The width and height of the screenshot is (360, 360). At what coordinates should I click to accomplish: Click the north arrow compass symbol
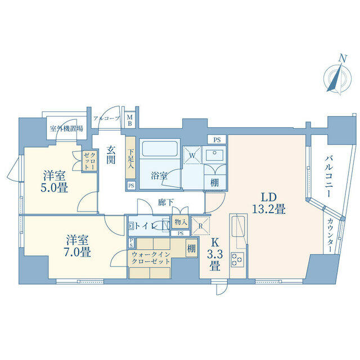point(337,78)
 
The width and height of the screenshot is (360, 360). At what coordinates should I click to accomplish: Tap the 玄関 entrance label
point(111,155)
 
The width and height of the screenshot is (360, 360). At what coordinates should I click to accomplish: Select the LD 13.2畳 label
point(269,203)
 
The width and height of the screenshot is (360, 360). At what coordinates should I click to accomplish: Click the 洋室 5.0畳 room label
point(55,182)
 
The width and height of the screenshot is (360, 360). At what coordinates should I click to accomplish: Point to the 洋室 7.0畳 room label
point(77,246)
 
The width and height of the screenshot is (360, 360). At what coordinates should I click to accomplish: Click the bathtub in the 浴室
point(160,148)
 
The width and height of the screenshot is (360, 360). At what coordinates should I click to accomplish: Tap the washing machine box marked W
point(192,155)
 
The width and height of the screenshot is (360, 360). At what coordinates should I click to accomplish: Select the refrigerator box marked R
point(200,226)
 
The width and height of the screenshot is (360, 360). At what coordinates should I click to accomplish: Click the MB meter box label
point(130,120)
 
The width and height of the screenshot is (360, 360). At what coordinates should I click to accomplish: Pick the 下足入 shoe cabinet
point(130,159)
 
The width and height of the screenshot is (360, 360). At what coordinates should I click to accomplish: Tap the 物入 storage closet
point(181,222)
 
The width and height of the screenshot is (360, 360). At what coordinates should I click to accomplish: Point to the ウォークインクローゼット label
point(151,258)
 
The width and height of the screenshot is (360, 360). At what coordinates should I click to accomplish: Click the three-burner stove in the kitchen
point(237,260)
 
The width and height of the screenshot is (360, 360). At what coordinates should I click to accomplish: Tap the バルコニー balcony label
point(328,176)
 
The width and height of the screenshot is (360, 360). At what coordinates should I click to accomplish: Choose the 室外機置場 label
point(66,129)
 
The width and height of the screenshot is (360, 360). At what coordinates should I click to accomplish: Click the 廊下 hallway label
point(165,202)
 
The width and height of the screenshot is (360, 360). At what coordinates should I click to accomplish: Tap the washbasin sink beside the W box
point(215,155)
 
